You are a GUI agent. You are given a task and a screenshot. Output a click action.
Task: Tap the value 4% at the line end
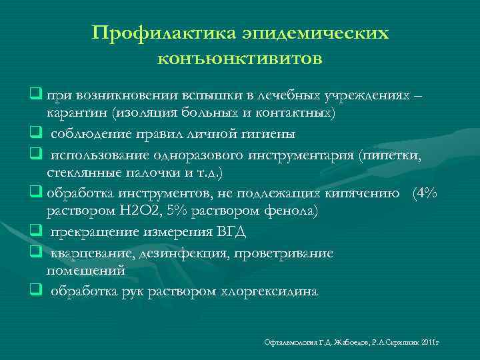(x=425, y=194)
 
